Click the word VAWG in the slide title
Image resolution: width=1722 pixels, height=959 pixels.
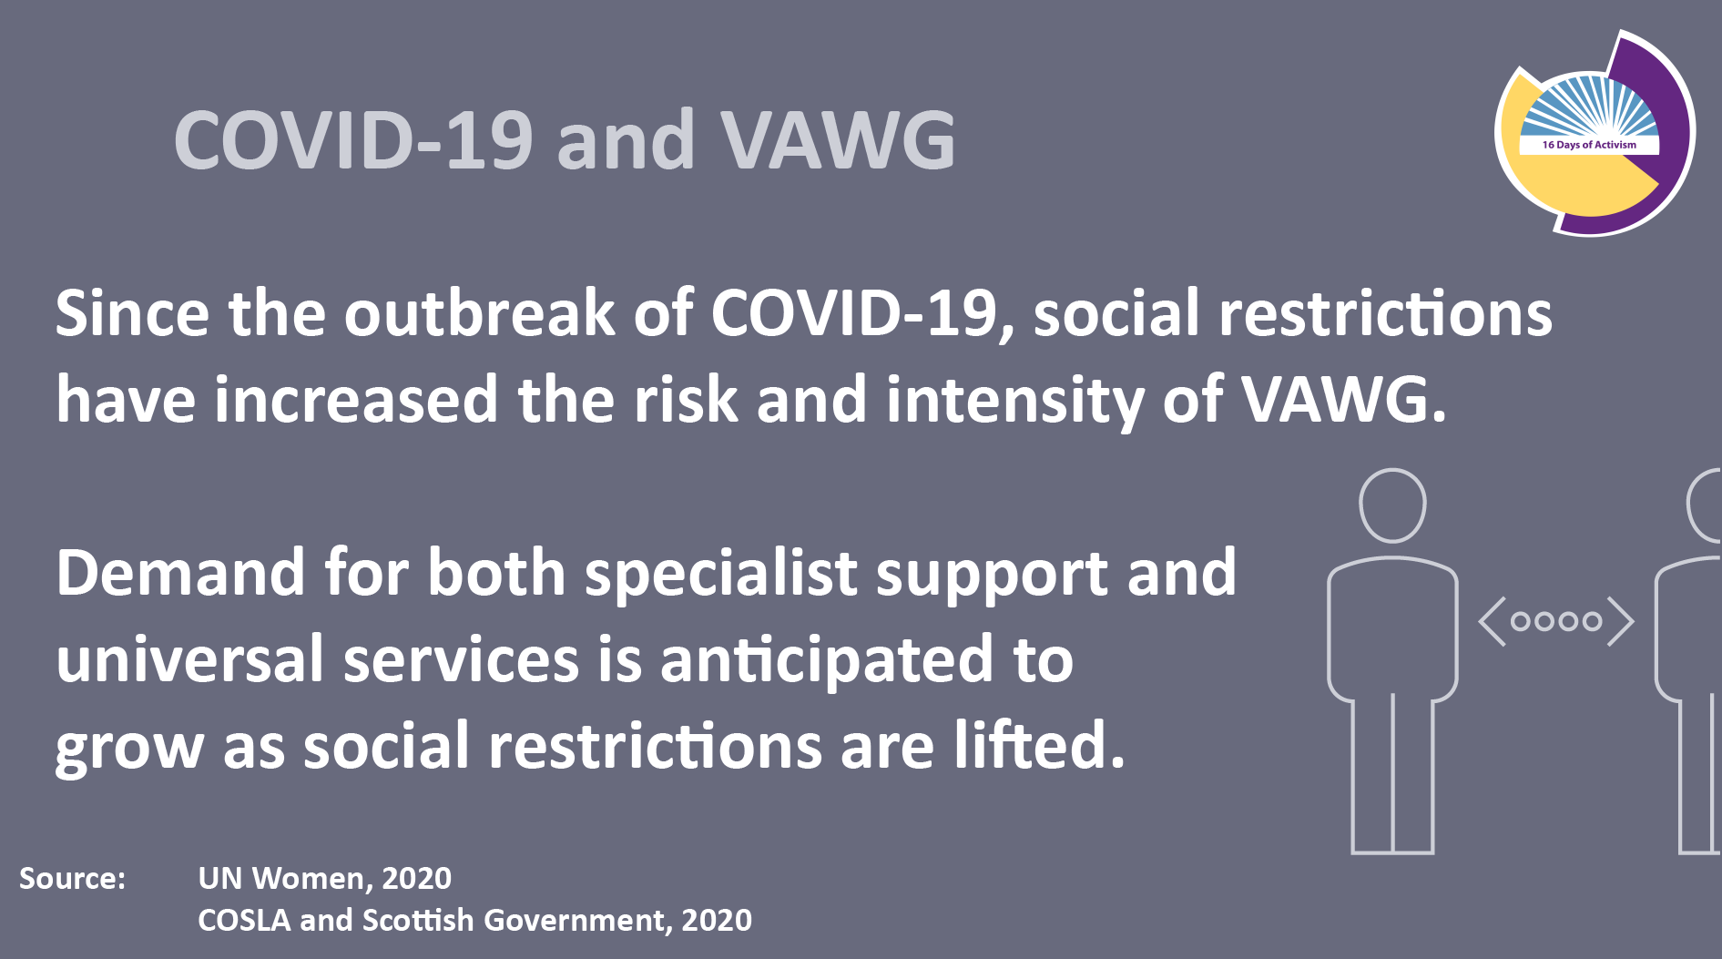coord(839,140)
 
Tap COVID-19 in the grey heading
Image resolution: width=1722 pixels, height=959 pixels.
coord(353,140)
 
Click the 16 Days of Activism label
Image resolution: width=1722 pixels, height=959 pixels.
coord(1589,145)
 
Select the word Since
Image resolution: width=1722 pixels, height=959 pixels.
coord(132,313)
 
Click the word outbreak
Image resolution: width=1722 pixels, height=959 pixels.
coord(480,313)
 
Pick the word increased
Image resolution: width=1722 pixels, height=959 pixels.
coord(356,400)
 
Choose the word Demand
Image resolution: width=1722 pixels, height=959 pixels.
coord(180,573)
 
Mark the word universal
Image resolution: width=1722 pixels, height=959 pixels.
coord(190,659)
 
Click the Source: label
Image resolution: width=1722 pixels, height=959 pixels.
coord(72,878)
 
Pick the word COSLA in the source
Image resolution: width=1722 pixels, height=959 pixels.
coord(244,920)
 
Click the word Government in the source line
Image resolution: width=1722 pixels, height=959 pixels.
coord(574,921)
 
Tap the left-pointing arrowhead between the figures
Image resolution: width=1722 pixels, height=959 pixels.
coord(1492,622)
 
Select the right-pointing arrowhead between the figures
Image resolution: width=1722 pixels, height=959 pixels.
coord(1621,622)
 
